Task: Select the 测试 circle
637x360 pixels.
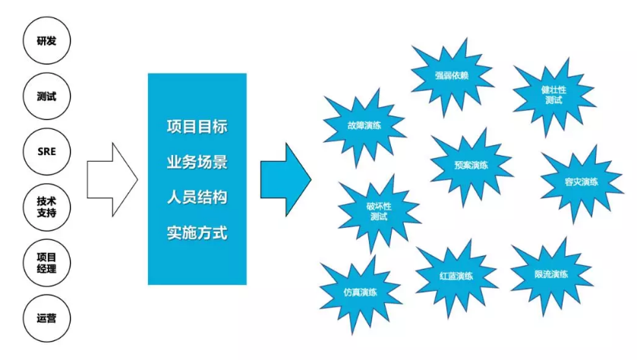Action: (46, 96)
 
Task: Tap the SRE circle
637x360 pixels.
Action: (46, 152)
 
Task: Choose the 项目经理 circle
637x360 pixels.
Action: (46, 262)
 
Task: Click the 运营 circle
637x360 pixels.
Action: (46, 317)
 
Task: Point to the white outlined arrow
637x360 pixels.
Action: (111, 179)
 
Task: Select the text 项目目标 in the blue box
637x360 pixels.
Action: (197, 126)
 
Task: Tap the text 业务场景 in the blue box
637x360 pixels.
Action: (197, 162)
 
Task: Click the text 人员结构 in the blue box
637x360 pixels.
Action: (197, 197)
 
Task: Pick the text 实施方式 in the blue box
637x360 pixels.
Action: (197, 232)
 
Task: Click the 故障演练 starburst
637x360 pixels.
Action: (364, 126)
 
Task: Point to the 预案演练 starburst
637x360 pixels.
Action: (471, 165)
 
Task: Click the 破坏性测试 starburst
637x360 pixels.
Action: (379, 210)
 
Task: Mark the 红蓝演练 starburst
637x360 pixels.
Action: (456, 275)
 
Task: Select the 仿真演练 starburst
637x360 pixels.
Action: (360, 292)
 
